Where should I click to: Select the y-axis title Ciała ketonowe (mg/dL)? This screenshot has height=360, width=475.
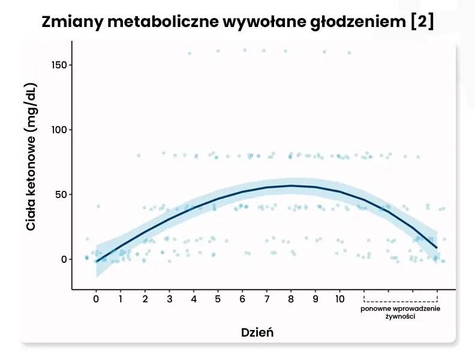point(31,157)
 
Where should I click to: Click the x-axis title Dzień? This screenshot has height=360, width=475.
point(257,332)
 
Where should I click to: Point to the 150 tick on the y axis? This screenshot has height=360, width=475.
point(58,65)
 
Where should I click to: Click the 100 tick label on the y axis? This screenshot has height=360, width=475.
point(58,130)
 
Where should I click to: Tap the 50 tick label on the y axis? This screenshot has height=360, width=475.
point(60,194)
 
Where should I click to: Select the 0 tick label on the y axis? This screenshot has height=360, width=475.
point(63,259)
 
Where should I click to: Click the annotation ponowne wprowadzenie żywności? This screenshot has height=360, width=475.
point(400,313)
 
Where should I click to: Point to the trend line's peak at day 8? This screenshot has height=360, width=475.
point(291,185)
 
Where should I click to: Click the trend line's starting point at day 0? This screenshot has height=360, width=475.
point(97,262)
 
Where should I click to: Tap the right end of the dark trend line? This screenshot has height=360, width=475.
point(437,247)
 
